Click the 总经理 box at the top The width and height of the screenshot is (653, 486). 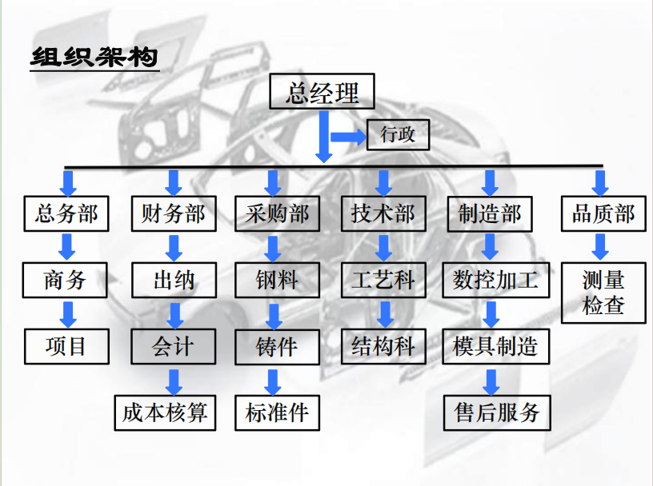click(322, 93)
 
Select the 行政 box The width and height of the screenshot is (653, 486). click(398, 133)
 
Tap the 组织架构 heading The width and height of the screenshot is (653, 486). click(94, 58)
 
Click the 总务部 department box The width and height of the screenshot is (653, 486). click(66, 213)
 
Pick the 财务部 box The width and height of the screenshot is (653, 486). click(173, 213)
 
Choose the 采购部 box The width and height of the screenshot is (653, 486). click(277, 213)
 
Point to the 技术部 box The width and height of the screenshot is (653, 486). click(383, 213)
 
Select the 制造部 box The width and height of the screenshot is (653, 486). click(489, 213)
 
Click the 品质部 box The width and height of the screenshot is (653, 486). click(603, 213)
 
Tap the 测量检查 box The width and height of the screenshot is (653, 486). click(603, 293)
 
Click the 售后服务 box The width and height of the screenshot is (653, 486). click(498, 412)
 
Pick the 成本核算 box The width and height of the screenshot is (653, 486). click(165, 412)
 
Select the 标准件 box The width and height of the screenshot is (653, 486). click(277, 412)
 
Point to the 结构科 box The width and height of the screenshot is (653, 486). click(383, 346)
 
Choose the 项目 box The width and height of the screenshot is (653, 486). click(66, 346)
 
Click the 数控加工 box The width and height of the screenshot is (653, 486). click(495, 280)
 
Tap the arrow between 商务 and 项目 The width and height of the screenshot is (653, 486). click(69, 313)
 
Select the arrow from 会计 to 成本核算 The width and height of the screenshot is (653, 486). click(174, 380)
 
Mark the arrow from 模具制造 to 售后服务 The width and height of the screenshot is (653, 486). click(493, 380)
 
